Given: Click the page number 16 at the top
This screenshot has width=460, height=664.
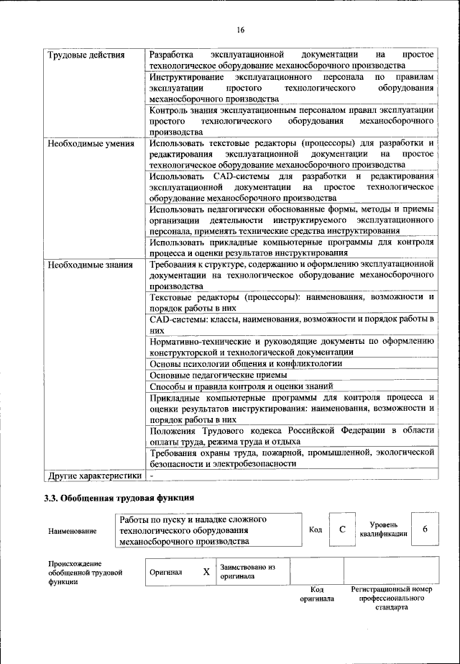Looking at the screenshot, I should tap(240, 29).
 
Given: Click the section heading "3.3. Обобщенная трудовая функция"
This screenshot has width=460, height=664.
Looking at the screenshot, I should tap(119, 498).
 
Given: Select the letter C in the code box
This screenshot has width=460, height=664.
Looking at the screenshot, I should tap(343, 529).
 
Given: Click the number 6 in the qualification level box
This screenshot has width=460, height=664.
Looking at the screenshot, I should tap(425, 529).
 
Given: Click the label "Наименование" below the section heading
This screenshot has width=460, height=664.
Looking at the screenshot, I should tap(72, 531).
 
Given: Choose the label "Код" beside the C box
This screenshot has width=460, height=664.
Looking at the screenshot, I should tap(315, 530).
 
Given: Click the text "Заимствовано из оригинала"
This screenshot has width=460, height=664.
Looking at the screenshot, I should tap(248, 571).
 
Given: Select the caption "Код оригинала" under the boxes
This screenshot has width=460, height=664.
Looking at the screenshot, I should tap(317, 593).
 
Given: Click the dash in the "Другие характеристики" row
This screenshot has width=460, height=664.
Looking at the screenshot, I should tap(152, 476).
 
